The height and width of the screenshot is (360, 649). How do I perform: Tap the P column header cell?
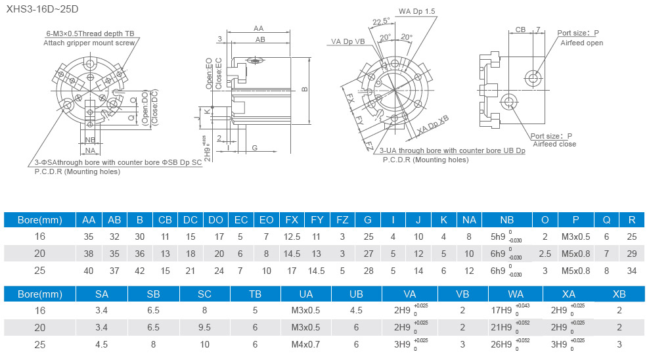click(x=575, y=219)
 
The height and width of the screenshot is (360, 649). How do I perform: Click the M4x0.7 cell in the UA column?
click(x=305, y=344)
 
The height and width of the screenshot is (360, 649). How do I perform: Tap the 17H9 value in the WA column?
click(x=501, y=310)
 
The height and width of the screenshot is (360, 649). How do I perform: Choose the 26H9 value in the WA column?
click(x=501, y=344)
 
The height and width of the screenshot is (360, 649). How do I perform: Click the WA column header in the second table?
click(x=516, y=293)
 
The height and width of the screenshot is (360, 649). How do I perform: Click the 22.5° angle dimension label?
click(x=381, y=22)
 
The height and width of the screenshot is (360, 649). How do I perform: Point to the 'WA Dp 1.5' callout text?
click(x=416, y=11)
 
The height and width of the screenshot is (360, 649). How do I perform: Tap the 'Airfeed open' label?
click(x=581, y=43)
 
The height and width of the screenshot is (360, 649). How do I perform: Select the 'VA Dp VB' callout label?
click(x=347, y=41)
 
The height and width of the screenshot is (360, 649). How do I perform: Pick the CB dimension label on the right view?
click(x=520, y=30)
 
